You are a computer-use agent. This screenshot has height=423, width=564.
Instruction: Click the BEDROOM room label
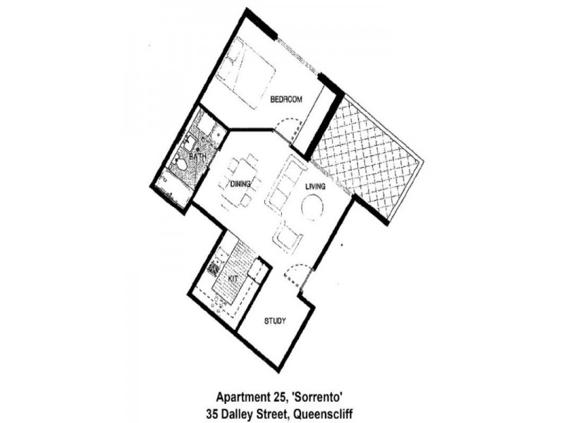coord(286,99)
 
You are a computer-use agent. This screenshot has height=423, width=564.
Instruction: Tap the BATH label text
coord(197,157)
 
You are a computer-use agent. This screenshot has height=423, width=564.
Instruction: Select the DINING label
coord(240,184)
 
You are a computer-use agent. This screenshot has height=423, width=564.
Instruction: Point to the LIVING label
coord(315,186)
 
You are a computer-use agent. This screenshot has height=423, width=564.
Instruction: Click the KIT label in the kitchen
coord(234,278)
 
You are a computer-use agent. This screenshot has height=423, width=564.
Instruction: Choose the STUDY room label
coord(275,321)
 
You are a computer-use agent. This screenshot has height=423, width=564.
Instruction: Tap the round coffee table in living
coord(312,207)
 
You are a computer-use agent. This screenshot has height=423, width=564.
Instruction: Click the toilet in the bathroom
coord(180,165)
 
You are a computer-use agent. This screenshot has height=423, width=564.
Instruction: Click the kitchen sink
coord(213,268)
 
